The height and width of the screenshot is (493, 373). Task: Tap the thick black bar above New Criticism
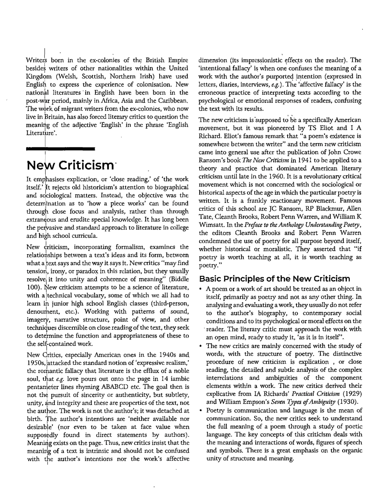point(60,148)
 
